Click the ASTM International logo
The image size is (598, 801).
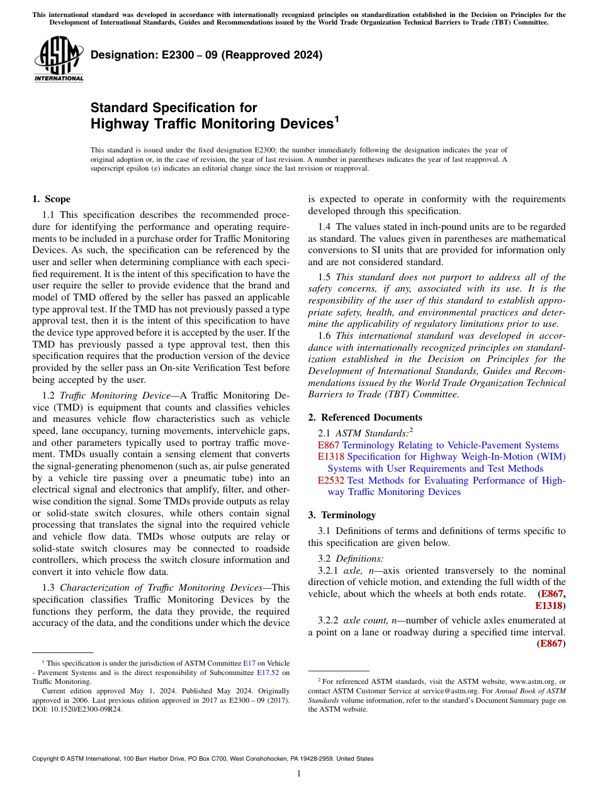(x=59, y=59)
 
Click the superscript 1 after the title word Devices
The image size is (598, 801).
(x=337, y=118)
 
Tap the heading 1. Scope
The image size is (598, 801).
(x=51, y=199)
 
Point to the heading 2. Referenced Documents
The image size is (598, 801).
(x=365, y=418)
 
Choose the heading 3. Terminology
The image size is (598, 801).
(x=342, y=514)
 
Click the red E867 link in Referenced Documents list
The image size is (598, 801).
(x=329, y=445)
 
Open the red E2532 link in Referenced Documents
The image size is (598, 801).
(x=331, y=480)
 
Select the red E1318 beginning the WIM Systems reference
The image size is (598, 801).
(x=331, y=457)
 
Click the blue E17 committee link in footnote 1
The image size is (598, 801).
(x=249, y=663)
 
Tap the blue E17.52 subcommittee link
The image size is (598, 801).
(x=268, y=672)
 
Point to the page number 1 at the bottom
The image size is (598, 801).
(x=299, y=774)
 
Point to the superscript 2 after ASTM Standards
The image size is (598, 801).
(x=411, y=430)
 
